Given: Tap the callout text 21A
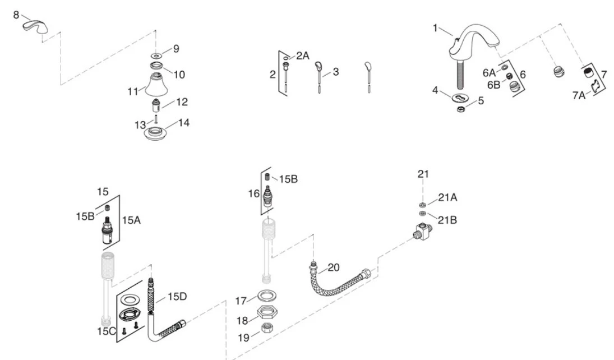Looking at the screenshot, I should point(447,197).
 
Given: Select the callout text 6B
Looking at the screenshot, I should point(493,85).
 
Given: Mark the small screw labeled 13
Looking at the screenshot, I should point(156,119).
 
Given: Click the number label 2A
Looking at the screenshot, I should point(303,56).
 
